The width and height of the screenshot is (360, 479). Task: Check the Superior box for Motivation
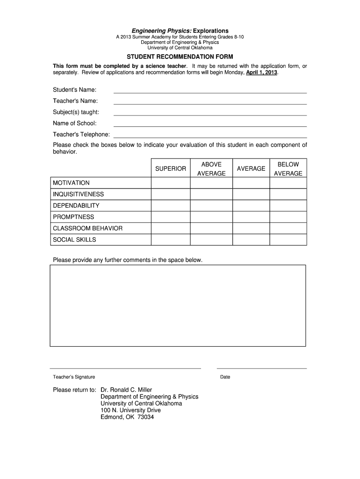pyautogui.click(x=170, y=183)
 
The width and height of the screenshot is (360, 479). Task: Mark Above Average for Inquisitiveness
pyautogui.click(x=211, y=194)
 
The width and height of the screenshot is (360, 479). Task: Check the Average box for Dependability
pyautogui.click(x=251, y=205)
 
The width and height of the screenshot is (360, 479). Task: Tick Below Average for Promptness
pyautogui.click(x=288, y=217)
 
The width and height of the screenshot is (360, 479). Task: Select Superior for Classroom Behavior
pyautogui.click(x=170, y=228)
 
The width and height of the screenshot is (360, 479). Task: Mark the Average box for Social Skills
pyautogui.click(x=251, y=239)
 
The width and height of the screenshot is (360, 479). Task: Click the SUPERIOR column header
pyautogui.click(x=171, y=168)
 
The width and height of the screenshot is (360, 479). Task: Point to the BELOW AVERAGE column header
pyautogui.click(x=288, y=169)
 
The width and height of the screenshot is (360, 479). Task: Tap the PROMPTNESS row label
pyautogui.click(x=73, y=217)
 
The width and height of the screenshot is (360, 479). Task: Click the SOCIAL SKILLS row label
pyautogui.click(x=74, y=239)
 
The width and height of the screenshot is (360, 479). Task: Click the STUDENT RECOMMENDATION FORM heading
pyautogui.click(x=180, y=57)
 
